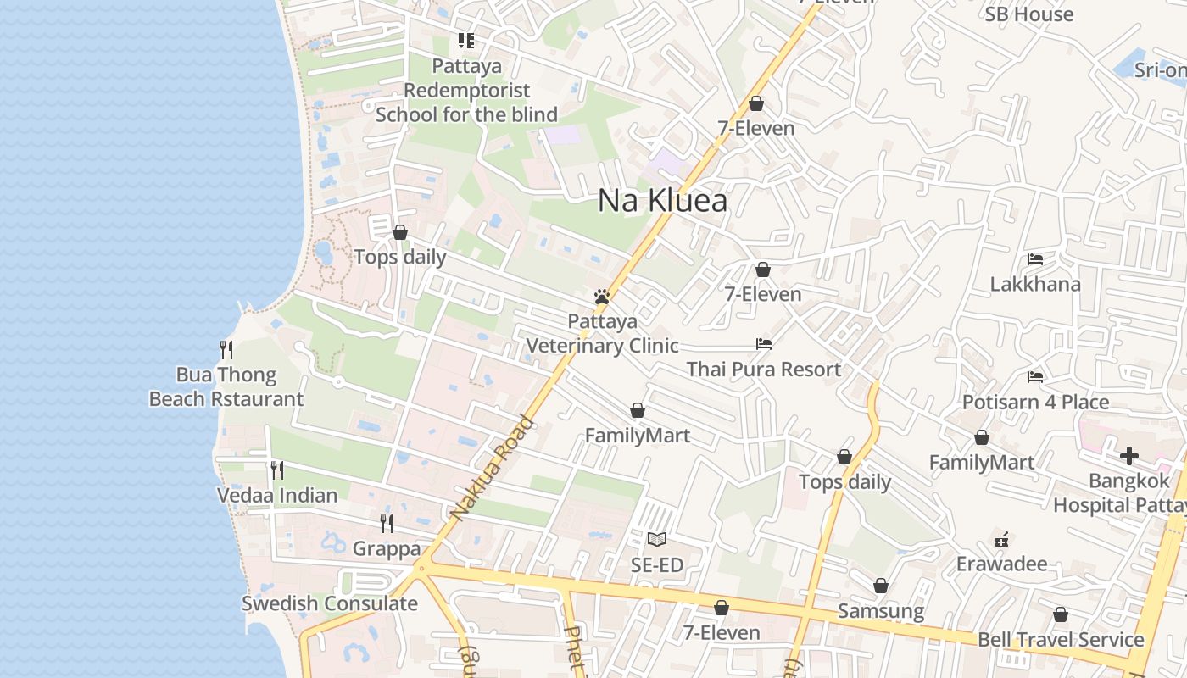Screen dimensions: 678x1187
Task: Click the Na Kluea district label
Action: pyautogui.click(x=662, y=201)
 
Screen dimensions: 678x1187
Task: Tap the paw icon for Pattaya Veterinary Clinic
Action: pyautogui.click(x=602, y=297)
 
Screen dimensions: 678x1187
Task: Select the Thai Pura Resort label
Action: pyautogui.click(x=763, y=369)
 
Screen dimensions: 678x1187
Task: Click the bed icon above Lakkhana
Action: pyautogui.click(x=1034, y=259)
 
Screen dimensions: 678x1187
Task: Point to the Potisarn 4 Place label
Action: pyautogui.click(x=1035, y=402)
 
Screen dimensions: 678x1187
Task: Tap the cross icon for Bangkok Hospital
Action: pyautogui.click(x=1128, y=457)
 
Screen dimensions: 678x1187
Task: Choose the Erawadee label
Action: pyautogui.click(x=1001, y=564)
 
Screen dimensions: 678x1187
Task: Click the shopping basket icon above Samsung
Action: pyautogui.click(x=881, y=586)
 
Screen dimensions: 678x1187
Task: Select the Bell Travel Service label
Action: pyautogui.click(x=1061, y=639)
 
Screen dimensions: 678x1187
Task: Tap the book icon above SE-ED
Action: pyautogui.click(x=656, y=539)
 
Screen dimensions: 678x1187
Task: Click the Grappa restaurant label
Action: pyautogui.click(x=387, y=548)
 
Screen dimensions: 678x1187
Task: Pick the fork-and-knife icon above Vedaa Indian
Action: pyautogui.click(x=277, y=470)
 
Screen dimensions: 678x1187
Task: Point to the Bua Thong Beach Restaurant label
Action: pyautogui.click(x=226, y=386)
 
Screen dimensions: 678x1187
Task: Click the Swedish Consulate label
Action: pyautogui.click(x=330, y=603)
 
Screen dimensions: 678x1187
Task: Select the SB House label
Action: pyautogui.click(x=1029, y=14)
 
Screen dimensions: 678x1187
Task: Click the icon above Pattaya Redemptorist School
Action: pyautogui.click(x=465, y=40)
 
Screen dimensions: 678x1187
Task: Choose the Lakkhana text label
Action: pyautogui.click(x=1035, y=283)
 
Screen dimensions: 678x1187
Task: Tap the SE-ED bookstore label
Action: pyautogui.click(x=657, y=564)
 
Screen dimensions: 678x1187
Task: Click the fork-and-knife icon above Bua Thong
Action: pyautogui.click(x=226, y=349)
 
